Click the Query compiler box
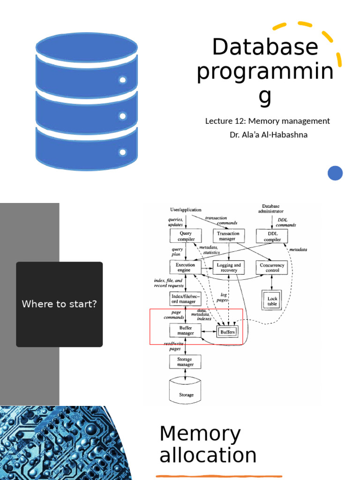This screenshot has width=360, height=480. pyautogui.click(x=185, y=236)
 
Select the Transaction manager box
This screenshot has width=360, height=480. pyautogui.click(x=229, y=236)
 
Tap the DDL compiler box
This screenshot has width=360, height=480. pyautogui.click(x=272, y=236)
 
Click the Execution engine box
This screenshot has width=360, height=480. pyautogui.click(x=185, y=267)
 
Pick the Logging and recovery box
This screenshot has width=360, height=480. pyautogui.click(x=229, y=267)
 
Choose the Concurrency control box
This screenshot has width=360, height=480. pyautogui.click(x=272, y=267)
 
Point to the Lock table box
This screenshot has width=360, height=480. pyautogui.click(x=272, y=301)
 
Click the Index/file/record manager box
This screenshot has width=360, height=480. pyautogui.click(x=185, y=299)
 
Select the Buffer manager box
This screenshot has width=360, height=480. pyautogui.click(x=185, y=330)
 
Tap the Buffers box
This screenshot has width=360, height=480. pyautogui.click(x=227, y=331)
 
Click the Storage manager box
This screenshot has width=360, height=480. pyautogui.click(x=185, y=361)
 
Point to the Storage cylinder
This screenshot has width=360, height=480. pyautogui.click(x=186, y=390)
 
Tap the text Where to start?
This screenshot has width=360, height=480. pyautogui.click(x=59, y=304)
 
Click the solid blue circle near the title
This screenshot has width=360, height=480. pyautogui.click(x=335, y=173)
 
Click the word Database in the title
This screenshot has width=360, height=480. pyautogui.click(x=265, y=47)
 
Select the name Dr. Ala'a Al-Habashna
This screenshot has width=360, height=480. pyautogui.click(x=268, y=135)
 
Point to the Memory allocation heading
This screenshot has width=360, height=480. pyautogui.click(x=208, y=444)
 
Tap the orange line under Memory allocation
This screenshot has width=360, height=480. pyautogui.click(x=219, y=476)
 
